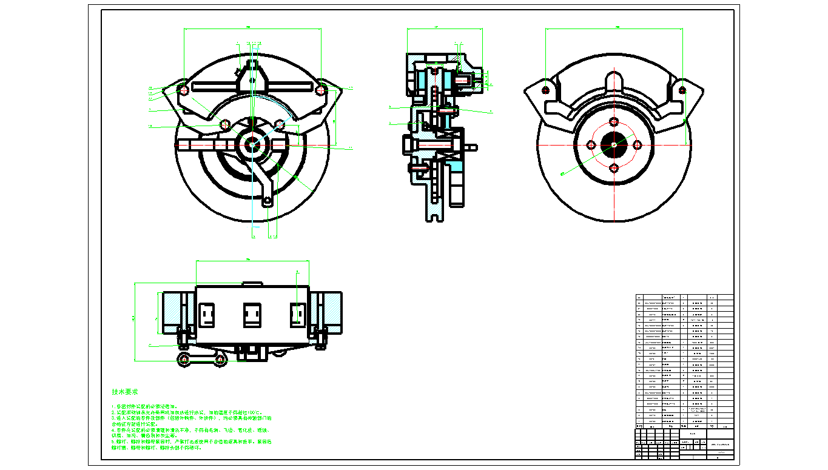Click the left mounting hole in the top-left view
[x=182, y=90]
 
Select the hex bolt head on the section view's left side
[x=408, y=145]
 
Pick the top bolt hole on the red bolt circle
[x=614, y=121]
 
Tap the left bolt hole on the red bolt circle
[x=590, y=145]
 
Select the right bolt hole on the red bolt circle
[x=637, y=145]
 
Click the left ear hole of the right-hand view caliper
[x=545, y=90]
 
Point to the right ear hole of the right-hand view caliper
[x=682, y=90]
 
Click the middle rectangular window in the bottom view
[x=252, y=315]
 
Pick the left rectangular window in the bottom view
[x=206, y=315]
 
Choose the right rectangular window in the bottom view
[x=297, y=315]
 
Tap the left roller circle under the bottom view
[x=184, y=360]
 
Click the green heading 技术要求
[x=124, y=392]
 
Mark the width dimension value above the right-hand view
[x=618, y=27]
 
